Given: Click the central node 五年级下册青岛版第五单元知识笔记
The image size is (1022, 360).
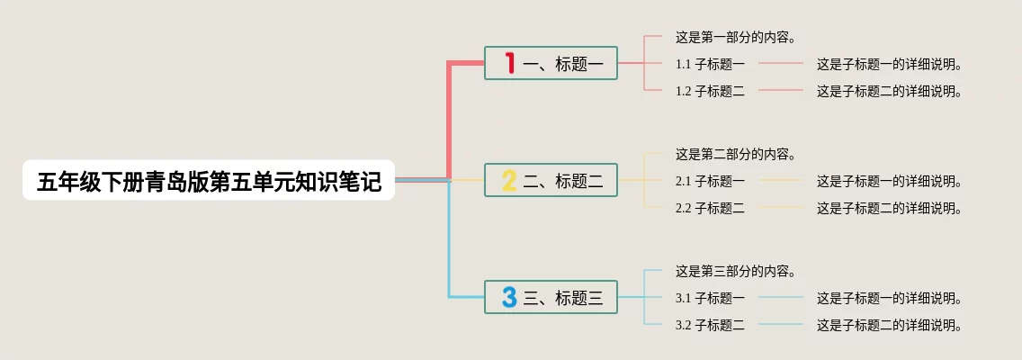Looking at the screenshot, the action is click(x=209, y=182).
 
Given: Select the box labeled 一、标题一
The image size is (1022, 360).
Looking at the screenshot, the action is click(x=551, y=63).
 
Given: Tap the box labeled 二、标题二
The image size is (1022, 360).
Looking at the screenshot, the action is click(x=551, y=181).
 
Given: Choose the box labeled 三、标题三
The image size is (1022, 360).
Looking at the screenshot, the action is click(x=551, y=297).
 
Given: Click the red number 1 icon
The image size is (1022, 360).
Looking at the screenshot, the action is click(x=509, y=63).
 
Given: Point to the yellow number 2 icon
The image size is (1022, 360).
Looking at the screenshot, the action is click(x=509, y=181).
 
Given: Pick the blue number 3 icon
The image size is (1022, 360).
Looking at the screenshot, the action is click(x=509, y=297).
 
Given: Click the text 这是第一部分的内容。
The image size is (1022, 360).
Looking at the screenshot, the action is click(x=735, y=38).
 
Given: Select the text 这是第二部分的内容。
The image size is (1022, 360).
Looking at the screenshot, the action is click(x=735, y=155).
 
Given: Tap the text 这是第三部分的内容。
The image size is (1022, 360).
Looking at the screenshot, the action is click(x=735, y=271).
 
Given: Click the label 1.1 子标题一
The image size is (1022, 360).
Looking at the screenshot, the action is click(x=710, y=65).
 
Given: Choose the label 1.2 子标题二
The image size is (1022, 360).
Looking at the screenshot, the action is click(x=710, y=91).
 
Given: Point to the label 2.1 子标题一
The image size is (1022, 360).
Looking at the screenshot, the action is click(x=710, y=181).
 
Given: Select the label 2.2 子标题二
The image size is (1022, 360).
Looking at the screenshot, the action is click(x=710, y=208).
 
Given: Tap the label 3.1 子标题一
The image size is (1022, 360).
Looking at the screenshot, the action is click(x=710, y=298).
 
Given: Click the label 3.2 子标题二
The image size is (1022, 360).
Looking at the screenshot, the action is click(x=710, y=325).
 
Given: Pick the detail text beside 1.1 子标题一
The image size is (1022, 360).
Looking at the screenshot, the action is click(x=890, y=65).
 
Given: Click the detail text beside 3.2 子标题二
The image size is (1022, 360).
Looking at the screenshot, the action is click(x=890, y=325).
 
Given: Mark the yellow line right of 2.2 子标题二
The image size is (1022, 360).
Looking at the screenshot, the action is click(x=780, y=207).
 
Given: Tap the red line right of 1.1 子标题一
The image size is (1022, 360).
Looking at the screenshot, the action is click(x=780, y=64).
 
